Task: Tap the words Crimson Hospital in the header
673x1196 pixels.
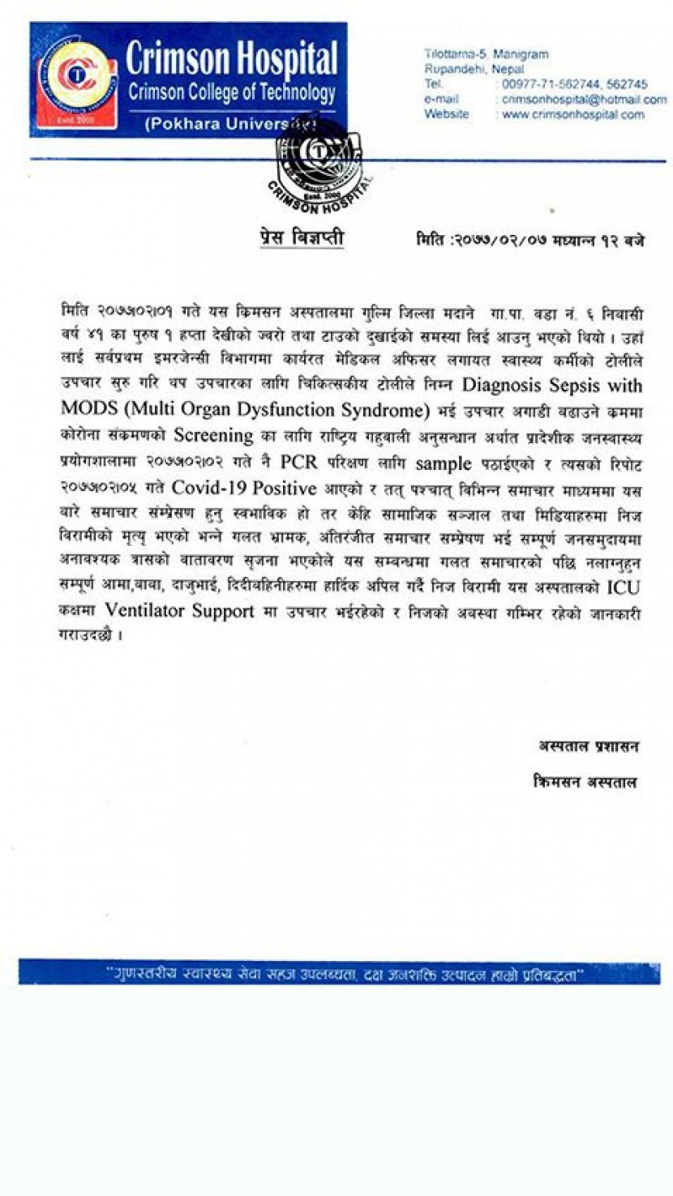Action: (232, 59)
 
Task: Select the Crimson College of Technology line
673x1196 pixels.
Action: (231, 92)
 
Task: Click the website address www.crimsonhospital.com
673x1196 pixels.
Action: (572, 114)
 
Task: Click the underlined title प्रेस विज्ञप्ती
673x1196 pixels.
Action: (296, 237)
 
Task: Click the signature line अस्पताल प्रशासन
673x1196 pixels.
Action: (589, 745)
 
